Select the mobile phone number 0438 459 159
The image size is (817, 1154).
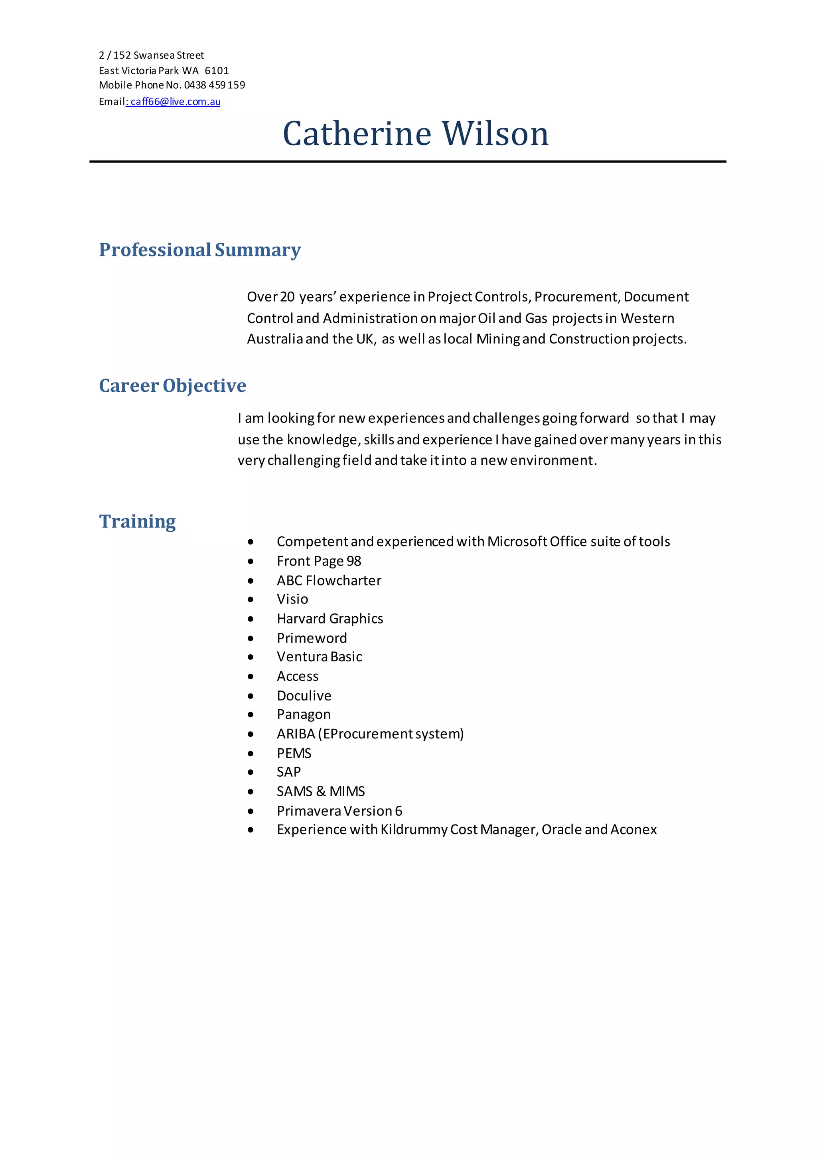tap(214, 85)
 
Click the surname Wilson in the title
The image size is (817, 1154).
tap(495, 134)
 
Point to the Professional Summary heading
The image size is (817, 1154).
tap(200, 250)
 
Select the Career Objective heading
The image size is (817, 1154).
tap(173, 386)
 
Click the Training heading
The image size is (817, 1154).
tap(137, 522)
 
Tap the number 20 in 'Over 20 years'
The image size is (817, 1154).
tap(287, 297)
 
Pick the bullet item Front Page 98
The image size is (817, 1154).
tap(319, 561)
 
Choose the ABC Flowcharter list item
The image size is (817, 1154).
tap(329, 580)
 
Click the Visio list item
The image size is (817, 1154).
tap(292, 599)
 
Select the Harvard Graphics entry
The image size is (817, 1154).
tap(330, 619)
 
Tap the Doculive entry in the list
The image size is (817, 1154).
tap(304, 696)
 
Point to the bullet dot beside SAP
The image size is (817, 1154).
tap(251, 772)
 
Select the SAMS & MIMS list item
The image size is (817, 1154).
tap(320, 792)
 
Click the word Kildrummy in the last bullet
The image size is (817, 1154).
tap(414, 830)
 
